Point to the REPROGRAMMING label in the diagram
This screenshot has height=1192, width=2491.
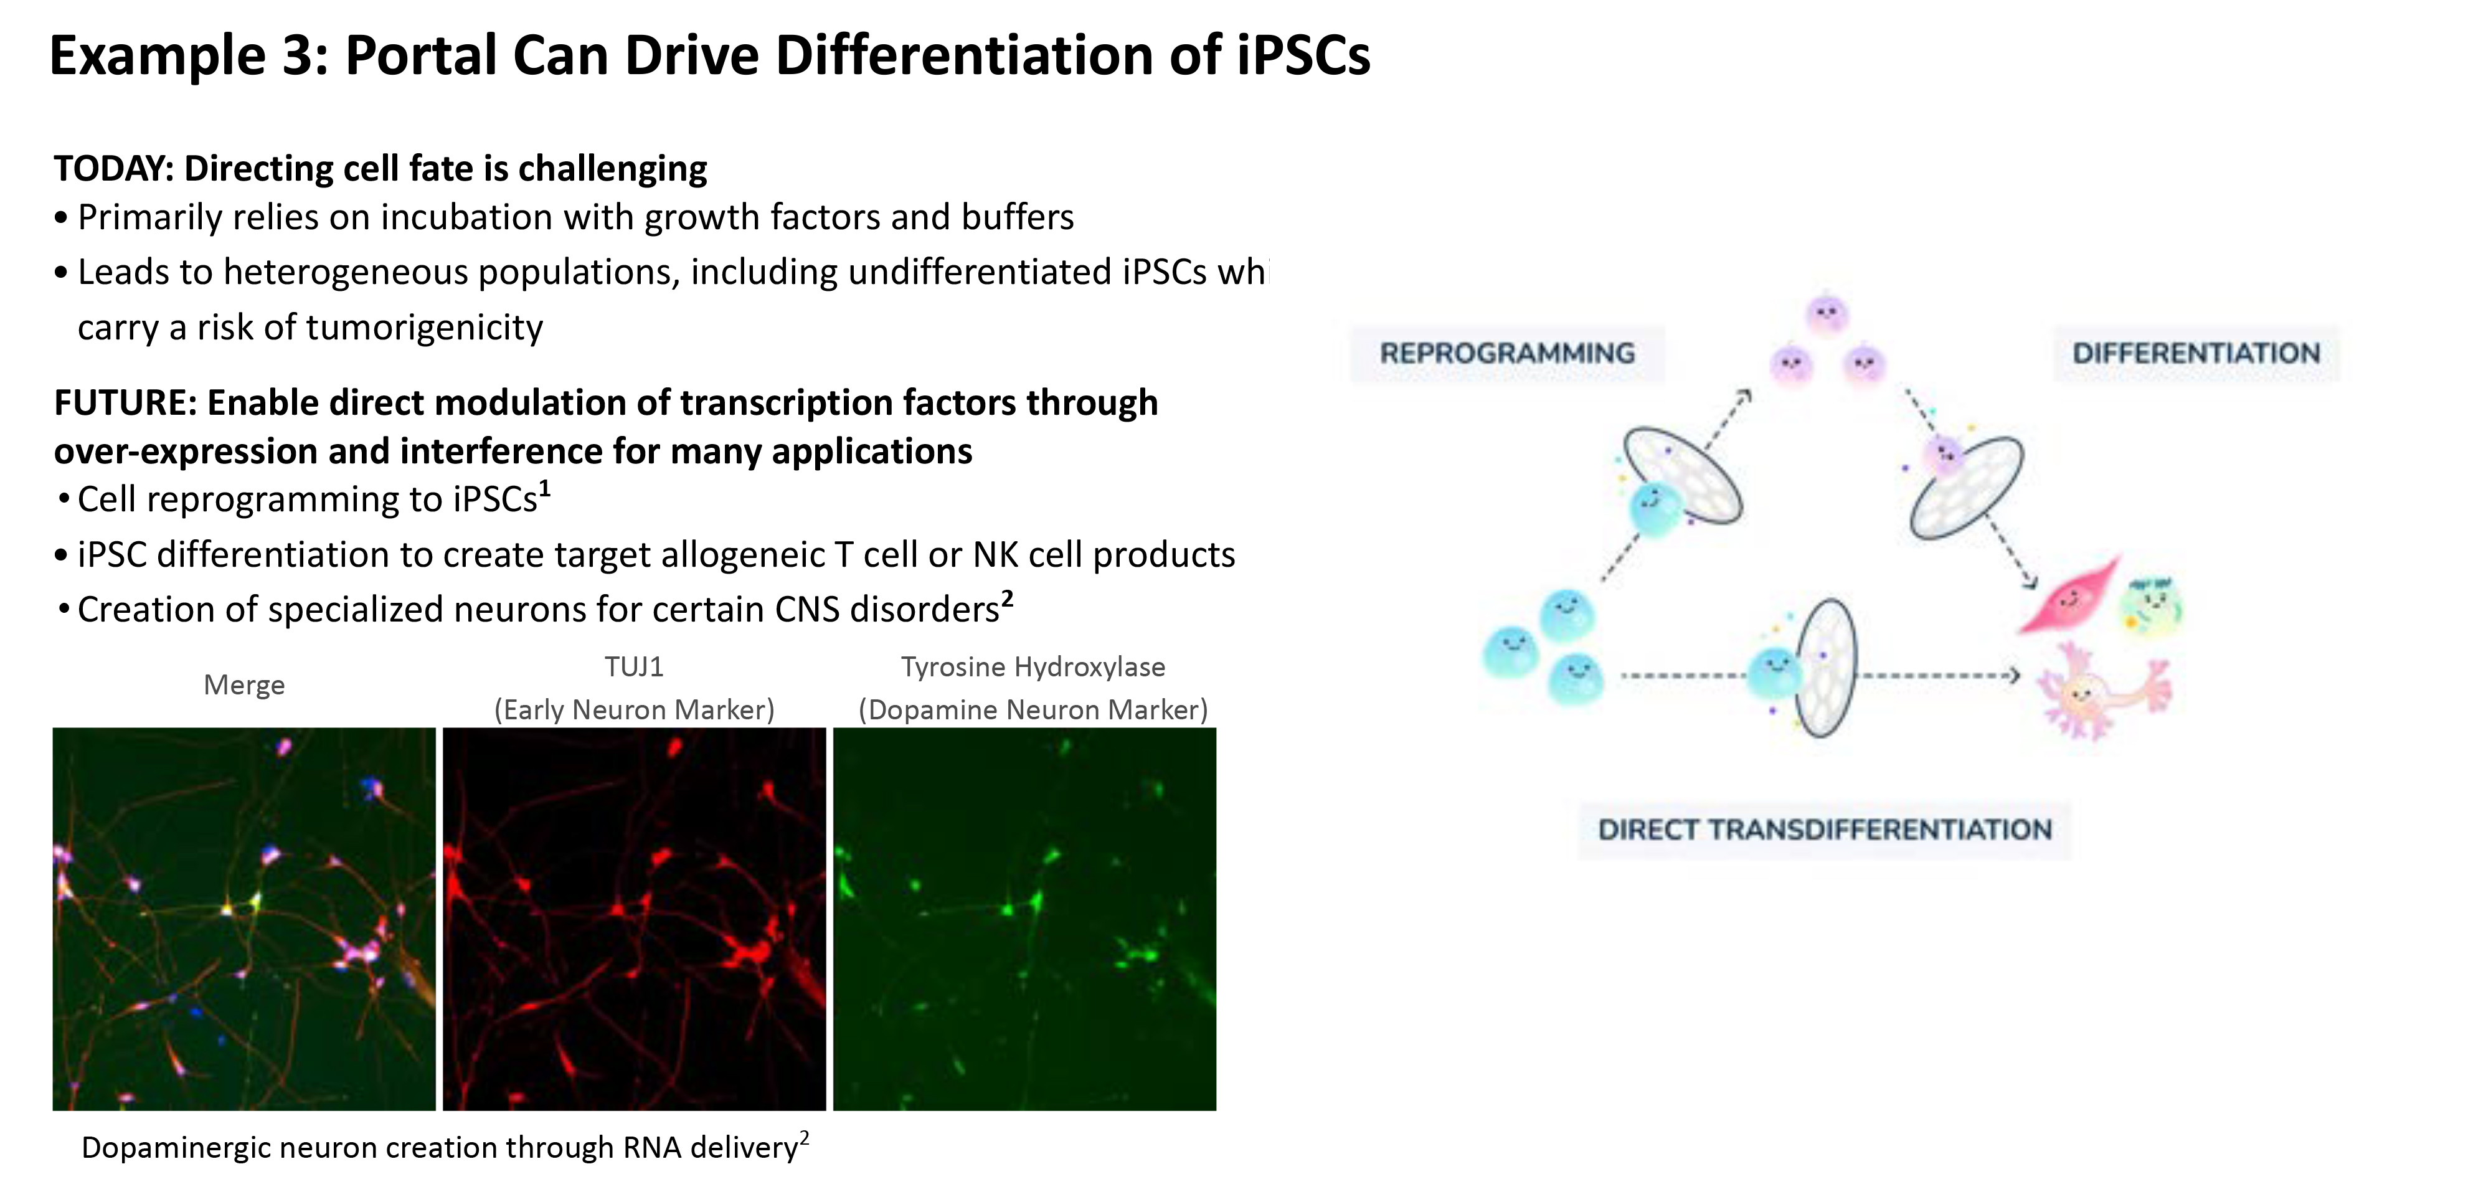[x=1506, y=353]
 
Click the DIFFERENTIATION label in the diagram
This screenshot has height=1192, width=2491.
[x=2196, y=353]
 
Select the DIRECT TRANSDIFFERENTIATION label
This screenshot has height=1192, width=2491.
[x=1825, y=830]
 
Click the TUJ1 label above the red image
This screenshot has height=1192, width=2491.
[x=635, y=667]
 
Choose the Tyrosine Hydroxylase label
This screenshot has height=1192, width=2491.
[x=1033, y=667]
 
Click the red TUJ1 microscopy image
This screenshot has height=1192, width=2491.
[x=635, y=919]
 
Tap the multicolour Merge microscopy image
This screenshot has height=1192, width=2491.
[x=243, y=919]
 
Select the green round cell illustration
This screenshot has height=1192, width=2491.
[x=2150, y=605]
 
